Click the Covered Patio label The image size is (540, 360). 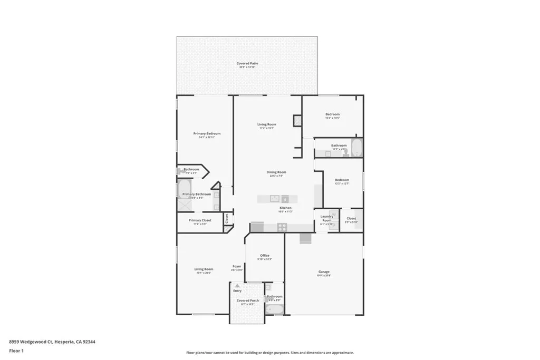pos(247,63)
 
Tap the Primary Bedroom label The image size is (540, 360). pos(206,133)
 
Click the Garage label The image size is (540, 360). pos(324,271)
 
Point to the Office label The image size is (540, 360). pos(264,255)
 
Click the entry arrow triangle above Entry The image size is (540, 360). pos(237,286)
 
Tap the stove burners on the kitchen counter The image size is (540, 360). pos(282,227)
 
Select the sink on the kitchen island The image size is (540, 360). pos(274,199)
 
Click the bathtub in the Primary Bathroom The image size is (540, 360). pos(184,188)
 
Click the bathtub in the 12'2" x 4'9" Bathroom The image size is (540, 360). pos(356,148)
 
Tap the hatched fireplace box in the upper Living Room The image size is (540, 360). pos(297,120)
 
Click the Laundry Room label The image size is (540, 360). pos(327,218)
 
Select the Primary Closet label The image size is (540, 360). pos(200,220)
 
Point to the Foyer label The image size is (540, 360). pos(237,266)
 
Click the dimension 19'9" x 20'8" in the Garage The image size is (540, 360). pos(324,276)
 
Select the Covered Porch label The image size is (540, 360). pos(247,300)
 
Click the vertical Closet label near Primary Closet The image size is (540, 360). pos(226,218)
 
